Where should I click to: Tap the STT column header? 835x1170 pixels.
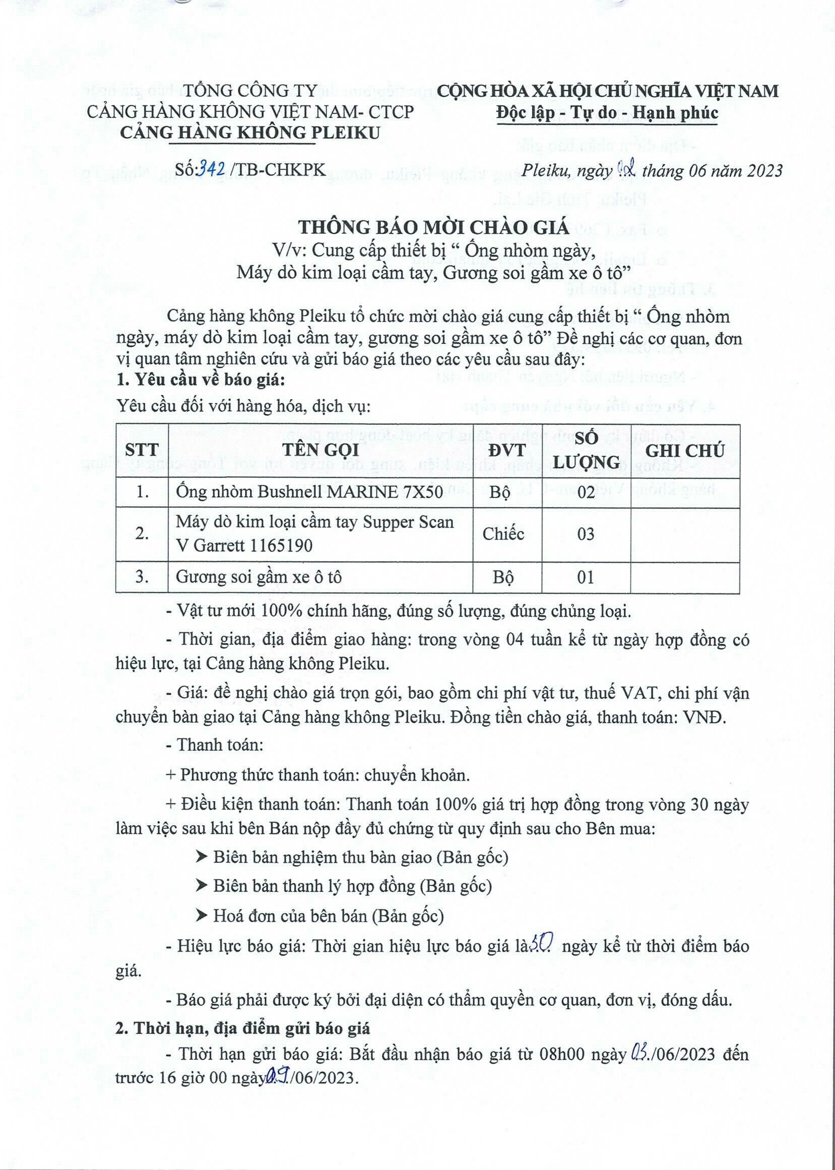coord(142,451)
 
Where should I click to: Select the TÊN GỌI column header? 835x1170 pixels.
coord(320,451)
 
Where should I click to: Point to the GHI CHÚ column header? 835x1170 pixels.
coord(684,451)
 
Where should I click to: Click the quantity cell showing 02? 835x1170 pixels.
coord(586,492)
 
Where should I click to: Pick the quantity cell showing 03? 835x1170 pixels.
coord(586,534)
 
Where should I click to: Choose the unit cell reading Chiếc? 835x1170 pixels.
coord(503,534)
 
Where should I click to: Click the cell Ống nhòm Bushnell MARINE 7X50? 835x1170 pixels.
coord(309,492)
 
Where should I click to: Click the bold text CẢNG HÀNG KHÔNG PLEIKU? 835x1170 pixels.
coord(250,133)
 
